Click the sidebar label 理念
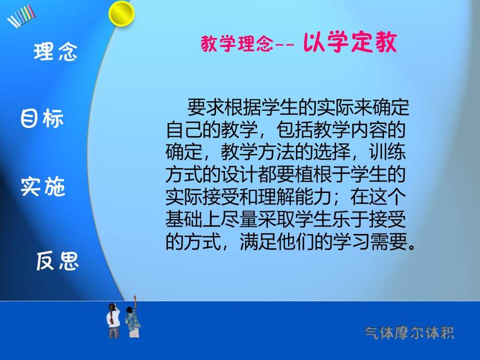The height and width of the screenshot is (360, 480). [55, 52]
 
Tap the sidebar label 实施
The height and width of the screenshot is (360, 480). [43, 186]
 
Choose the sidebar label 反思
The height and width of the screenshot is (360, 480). [58, 261]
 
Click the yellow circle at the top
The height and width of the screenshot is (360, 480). [121, 14]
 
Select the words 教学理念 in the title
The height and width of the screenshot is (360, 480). [237, 43]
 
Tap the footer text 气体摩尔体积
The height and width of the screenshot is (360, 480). [409, 333]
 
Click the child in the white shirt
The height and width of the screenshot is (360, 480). [113, 320]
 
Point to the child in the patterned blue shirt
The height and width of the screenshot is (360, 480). [133, 322]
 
